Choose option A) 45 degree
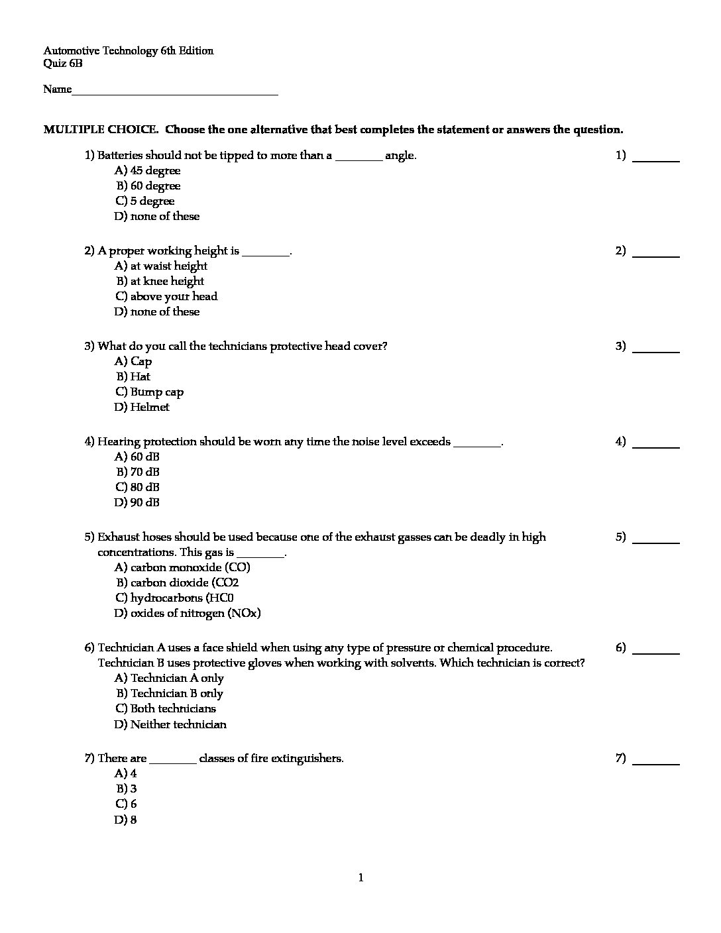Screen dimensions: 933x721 pos(147,171)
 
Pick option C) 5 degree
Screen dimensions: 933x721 pos(144,201)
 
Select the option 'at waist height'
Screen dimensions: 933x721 pos(161,266)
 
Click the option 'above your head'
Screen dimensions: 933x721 pos(166,297)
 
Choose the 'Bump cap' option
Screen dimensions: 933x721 pos(149,392)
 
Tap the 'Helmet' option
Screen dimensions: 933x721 pos(142,408)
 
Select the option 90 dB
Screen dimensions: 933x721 pos(137,503)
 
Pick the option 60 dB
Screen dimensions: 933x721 pos(137,457)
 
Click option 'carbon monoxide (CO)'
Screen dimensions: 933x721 pos(182,568)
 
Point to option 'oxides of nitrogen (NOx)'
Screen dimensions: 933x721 pos(188,614)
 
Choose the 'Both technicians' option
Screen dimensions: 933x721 pos(166,709)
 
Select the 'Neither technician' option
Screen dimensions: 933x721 pos(170,725)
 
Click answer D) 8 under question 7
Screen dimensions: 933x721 pos(126,820)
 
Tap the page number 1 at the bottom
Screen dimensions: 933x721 pos(360,879)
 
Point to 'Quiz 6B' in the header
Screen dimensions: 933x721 pos(63,64)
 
